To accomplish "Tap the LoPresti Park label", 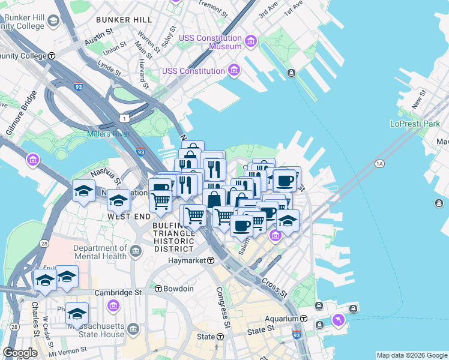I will coord(414,124).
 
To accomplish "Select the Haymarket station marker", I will coord(211,260).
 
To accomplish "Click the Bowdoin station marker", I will coord(158,289).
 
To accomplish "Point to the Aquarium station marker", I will coord(304,319).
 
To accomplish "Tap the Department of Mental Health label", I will coord(100,252).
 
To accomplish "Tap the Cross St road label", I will coord(274,288).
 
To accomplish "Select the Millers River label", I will coord(108,134).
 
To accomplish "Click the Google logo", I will coord(20,353).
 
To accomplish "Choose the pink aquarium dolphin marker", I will coord(339,320).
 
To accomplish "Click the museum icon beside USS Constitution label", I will coord(234,71).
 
